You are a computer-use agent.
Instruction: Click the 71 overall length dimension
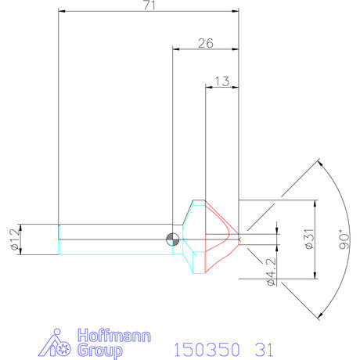pos(149,5)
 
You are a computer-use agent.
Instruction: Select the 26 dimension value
pos(206,43)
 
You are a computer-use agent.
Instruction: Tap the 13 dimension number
pos(222,81)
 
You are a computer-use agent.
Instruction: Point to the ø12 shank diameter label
pos(15,239)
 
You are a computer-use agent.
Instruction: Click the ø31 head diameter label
pos(309,239)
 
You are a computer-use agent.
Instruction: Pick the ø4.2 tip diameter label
pos(272,272)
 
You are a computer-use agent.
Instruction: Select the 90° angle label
pos(344,239)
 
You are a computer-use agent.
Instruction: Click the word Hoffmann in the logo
pos(114,336)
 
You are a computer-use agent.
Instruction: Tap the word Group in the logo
pos(100,351)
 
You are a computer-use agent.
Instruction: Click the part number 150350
pos(207,350)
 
